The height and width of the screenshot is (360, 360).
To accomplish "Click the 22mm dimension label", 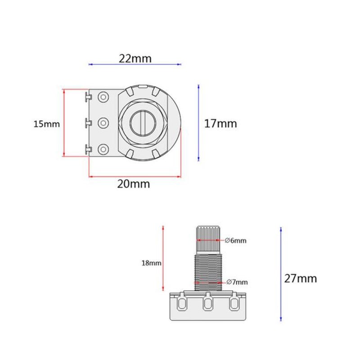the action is (135, 58).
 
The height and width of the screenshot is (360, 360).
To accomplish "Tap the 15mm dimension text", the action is (47, 124).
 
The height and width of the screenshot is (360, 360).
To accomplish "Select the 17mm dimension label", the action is (220, 123).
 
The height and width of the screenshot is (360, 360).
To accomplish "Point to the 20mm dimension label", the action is (133, 184).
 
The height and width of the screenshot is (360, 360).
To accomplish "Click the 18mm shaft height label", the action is (151, 263).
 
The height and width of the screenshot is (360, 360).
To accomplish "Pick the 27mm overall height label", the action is (300, 279).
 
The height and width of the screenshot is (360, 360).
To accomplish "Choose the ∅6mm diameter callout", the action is (235, 240).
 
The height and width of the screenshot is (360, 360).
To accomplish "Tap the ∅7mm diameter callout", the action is (237, 282).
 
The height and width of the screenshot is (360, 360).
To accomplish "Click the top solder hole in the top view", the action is (103, 97).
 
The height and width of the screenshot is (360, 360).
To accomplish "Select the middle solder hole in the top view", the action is (103, 123).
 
